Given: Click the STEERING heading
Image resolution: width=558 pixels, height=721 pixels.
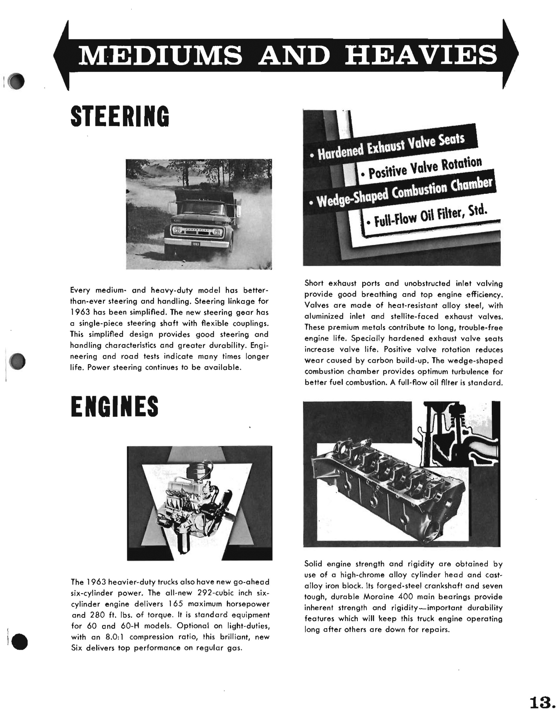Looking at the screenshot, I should (120, 117).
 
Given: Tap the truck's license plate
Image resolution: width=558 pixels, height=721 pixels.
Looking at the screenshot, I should (195, 244).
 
